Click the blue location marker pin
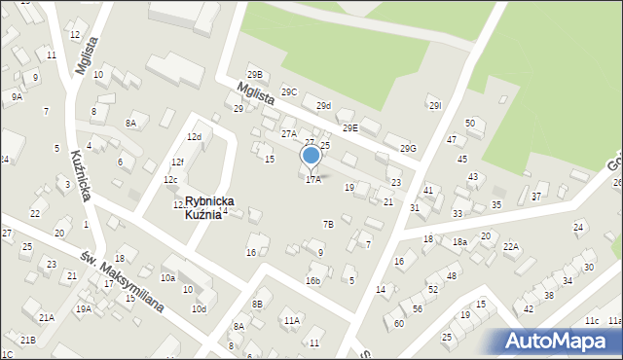[311, 156]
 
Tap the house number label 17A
[313, 179]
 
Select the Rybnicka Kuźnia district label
[202, 207]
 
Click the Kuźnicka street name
[81, 176]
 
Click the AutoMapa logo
[561, 342]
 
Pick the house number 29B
[255, 75]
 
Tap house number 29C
[289, 92]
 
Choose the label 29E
[349, 127]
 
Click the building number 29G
[408, 149]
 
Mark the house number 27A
[289, 134]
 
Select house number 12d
[194, 137]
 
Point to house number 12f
[177, 162]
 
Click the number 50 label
[469, 123]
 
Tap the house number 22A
[511, 247]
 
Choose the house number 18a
[459, 241]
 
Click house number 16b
[312, 281]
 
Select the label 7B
[328, 225]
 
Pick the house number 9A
[17, 96]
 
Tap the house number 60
[399, 323]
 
